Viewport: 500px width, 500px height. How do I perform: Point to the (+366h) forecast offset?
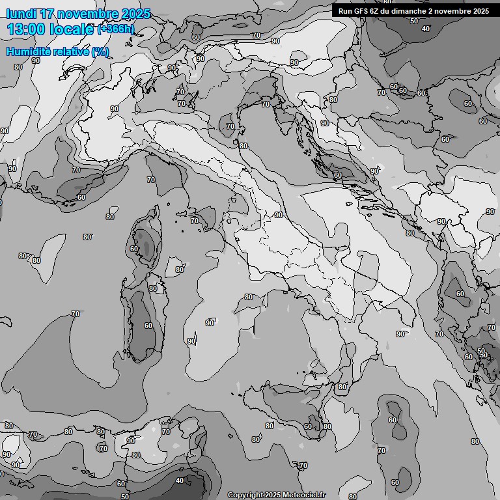pyautogui.click(x=116, y=29)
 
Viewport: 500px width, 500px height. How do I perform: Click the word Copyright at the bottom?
pyautogui.click(x=245, y=495)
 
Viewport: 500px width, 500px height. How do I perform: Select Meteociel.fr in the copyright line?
pyautogui.click(x=305, y=495)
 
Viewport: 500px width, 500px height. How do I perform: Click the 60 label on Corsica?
pyautogui.click(x=134, y=249)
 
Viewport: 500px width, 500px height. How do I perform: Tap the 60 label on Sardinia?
pyautogui.click(x=148, y=326)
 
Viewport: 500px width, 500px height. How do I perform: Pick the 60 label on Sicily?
pyautogui.click(x=307, y=426)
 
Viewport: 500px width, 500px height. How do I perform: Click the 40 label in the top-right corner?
pyautogui.click(x=426, y=29)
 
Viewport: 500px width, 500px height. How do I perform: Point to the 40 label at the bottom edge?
pyautogui.click(x=180, y=481)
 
